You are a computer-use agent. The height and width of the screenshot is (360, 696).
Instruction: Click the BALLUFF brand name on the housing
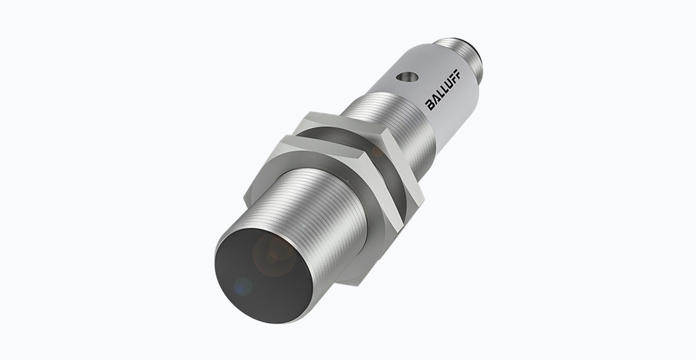coord(442,90)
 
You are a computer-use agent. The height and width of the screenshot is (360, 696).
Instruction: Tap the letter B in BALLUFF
coord(430,105)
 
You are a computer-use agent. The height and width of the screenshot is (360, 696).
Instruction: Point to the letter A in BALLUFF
coord(435,99)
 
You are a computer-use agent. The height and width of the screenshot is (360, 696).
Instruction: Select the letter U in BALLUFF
coord(448,84)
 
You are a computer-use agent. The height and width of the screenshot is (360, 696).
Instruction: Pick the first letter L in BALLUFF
coord(439,94)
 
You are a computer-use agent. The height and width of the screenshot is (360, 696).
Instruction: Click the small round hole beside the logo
coord(407,78)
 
